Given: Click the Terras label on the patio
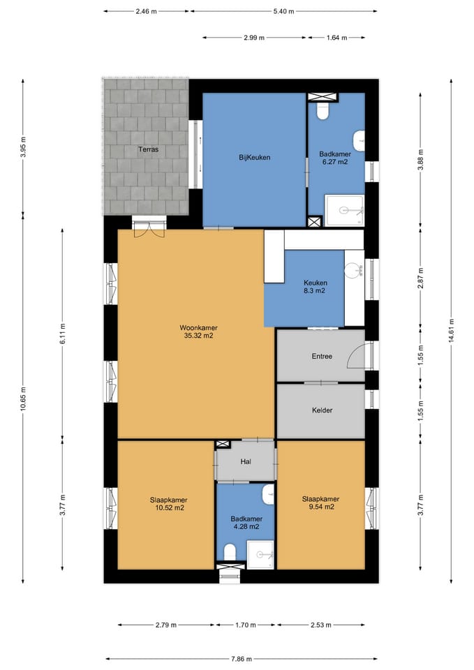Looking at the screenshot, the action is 148,149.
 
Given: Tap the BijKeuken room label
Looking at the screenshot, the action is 254,157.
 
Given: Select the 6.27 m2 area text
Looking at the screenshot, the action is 335,162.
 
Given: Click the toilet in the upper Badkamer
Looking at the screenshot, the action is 323,111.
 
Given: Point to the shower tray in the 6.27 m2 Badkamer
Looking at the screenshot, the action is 344,210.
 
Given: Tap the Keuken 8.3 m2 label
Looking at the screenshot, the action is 316,287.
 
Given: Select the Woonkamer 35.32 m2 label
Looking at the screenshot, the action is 198,332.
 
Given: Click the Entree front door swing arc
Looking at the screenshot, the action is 353,352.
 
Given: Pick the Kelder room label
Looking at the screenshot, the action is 322,410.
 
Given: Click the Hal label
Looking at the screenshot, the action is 246,462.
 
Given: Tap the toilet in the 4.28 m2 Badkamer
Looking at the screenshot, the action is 230,551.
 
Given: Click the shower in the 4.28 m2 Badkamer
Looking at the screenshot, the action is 260,555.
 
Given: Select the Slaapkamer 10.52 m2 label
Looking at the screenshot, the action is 168,504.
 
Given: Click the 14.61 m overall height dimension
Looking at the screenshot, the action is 452,331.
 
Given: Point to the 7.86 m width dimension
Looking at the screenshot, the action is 242,658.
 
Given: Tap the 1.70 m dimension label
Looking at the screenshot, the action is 246,625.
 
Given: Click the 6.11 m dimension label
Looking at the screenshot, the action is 62,334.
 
